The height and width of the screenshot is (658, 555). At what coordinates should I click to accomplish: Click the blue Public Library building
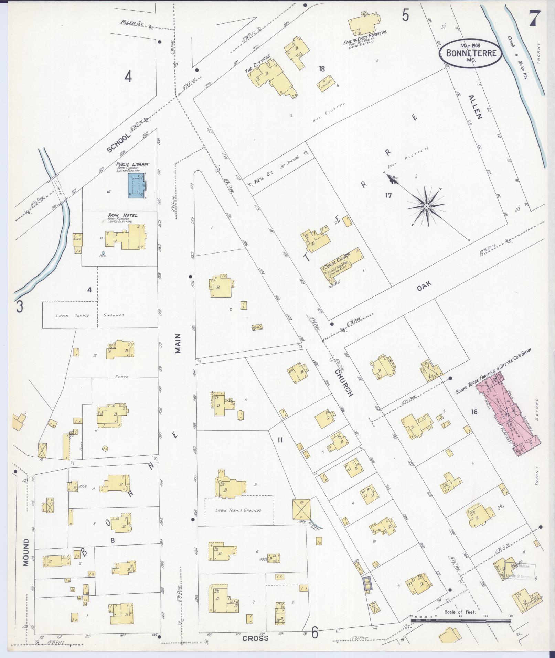coord(136,185)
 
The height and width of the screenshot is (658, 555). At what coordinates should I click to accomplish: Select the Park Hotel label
coord(122,215)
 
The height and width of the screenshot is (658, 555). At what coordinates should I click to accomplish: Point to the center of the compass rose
coord(426,206)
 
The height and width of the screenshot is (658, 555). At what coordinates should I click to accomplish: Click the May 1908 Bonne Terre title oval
coord(471,53)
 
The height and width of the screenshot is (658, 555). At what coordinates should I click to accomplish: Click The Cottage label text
coord(257,64)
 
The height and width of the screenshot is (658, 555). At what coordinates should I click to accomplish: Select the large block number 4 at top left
coord(128,77)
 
